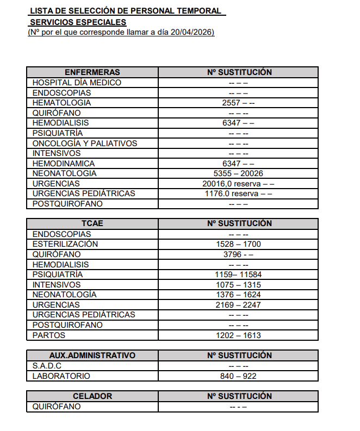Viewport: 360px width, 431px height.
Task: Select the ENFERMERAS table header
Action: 92,72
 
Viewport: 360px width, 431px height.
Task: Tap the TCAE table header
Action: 92,223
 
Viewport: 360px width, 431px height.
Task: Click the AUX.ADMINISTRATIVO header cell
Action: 92,355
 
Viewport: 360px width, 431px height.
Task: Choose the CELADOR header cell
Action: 92,396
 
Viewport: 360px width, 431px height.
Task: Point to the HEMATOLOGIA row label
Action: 61,103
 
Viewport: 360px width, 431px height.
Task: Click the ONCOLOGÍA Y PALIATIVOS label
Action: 85,143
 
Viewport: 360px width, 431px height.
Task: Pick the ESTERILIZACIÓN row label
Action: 65,244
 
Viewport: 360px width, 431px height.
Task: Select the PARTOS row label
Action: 49,335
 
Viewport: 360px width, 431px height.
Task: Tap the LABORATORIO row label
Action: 61,376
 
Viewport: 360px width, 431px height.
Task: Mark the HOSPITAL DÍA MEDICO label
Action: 77,83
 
